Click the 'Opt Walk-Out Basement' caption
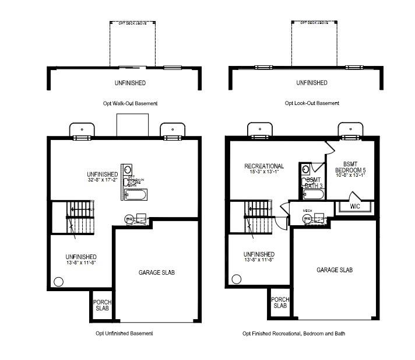click(x=129, y=103)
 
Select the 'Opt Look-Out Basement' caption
click(x=312, y=103)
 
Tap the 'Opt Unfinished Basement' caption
click(x=124, y=333)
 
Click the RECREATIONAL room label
click(x=264, y=166)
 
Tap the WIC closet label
click(x=355, y=207)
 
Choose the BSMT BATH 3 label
click(x=314, y=183)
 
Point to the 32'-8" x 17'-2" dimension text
click(x=103, y=180)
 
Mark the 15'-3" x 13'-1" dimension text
click(x=264, y=173)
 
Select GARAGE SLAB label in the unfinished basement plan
click(x=157, y=272)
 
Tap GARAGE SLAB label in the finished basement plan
click(x=335, y=270)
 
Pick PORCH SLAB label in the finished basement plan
click(x=280, y=302)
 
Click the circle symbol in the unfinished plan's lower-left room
click(x=58, y=282)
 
